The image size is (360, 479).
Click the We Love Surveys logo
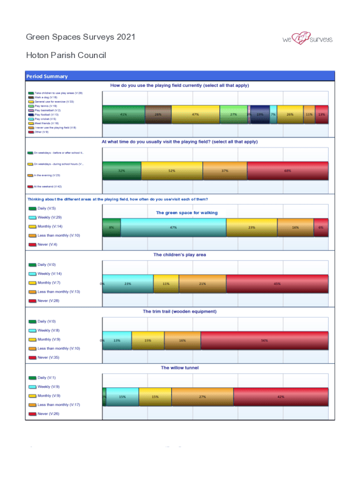[x=307, y=39]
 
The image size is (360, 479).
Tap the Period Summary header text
[x=47, y=76]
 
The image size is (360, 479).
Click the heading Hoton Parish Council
[x=66, y=55]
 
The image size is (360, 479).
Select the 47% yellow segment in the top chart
[x=195, y=114]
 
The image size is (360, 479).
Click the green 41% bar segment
[x=123, y=114]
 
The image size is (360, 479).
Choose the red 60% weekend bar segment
[x=287, y=171]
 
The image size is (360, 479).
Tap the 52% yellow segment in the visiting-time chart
[x=172, y=171]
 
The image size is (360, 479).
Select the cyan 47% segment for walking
[x=173, y=227]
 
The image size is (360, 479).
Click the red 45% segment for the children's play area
[x=277, y=283]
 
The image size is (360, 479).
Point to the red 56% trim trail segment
[x=264, y=340]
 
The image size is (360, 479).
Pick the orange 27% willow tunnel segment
[x=202, y=397]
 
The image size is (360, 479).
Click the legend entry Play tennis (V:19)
[x=45, y=106]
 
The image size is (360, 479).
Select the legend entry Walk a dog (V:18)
[x=46, y=97]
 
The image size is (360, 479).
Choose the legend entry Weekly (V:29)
[x=50, y=218]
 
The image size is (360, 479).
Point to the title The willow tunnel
[x=180, y=368]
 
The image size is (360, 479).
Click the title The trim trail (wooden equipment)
[x=180, y=311]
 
